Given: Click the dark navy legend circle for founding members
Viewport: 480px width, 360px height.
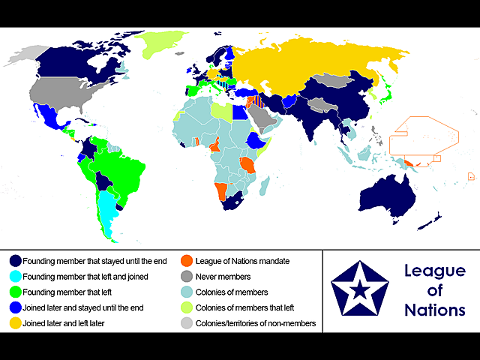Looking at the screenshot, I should [15, 261].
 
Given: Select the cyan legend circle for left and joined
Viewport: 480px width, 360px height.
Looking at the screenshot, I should [15, 277].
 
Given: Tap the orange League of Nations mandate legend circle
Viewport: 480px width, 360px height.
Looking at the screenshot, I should [187, 261].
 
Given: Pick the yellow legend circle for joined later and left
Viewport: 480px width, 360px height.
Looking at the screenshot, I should [15, 323].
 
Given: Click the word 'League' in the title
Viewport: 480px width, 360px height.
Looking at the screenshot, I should [434, 271].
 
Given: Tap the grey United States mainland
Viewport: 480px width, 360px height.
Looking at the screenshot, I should [64, 94].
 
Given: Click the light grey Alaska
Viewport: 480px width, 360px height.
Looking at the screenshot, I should [28, 53].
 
